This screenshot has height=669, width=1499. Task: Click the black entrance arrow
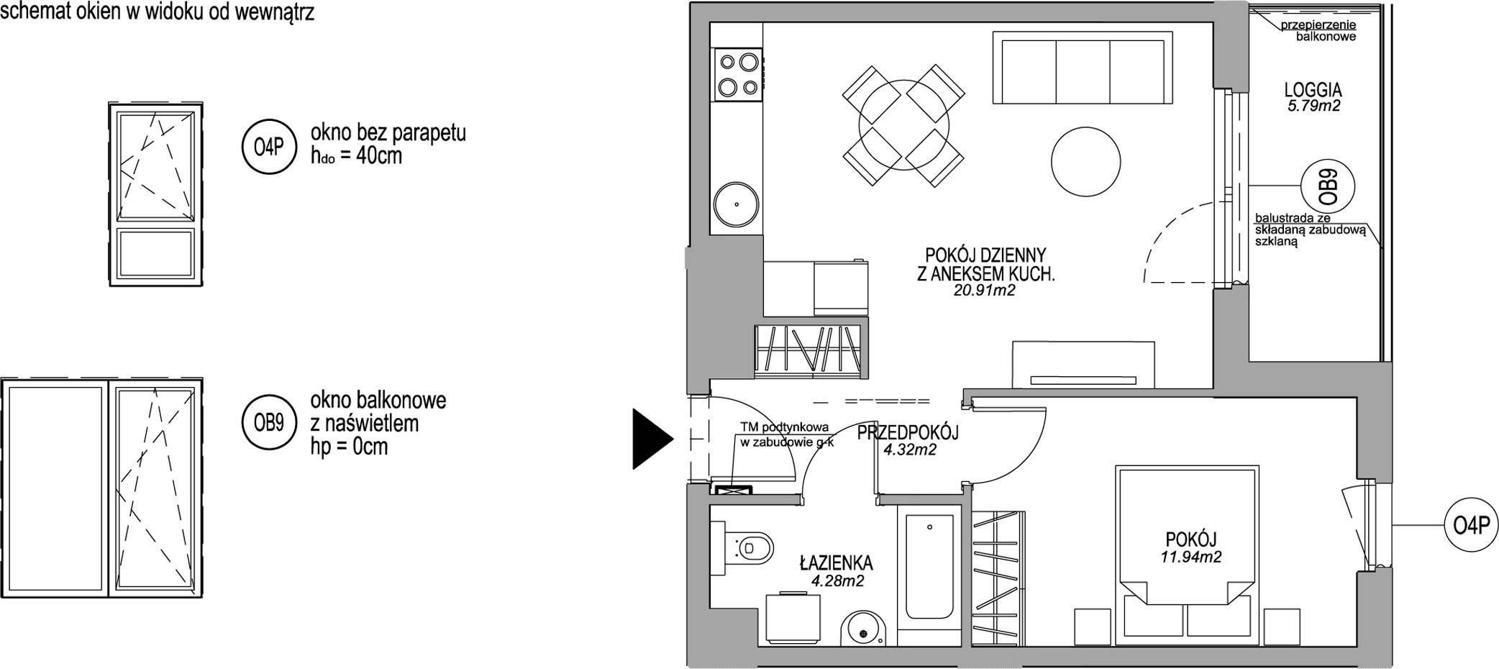(652, 438)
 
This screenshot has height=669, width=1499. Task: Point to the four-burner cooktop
(737, 75)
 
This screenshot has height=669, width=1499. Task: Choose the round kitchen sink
(737, 204)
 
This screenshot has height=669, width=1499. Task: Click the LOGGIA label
(1313, 90)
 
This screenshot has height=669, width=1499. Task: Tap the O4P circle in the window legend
(269, 148)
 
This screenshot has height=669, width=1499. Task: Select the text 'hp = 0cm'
(349, 447)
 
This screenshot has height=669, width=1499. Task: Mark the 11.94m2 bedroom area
(1190, 556)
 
